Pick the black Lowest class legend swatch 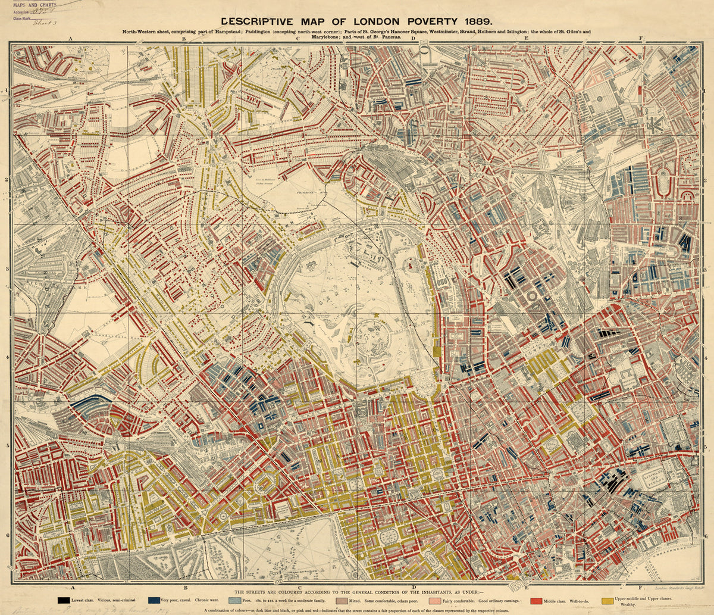coord(64,600)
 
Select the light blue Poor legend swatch coord(234,600)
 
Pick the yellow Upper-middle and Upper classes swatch coord(608,600)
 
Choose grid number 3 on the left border coord(7,269)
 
